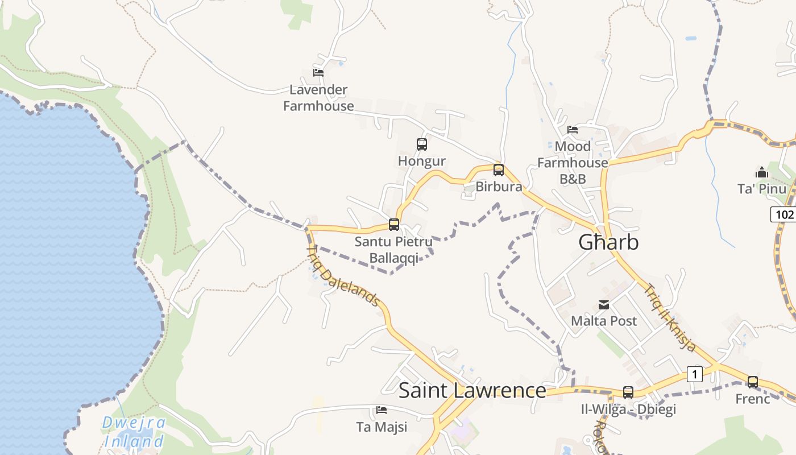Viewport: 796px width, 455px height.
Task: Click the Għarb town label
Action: [x=608, y=242]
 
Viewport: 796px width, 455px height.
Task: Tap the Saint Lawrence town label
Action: [x=472, y=391]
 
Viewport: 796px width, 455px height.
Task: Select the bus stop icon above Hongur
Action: [x=421, y=144]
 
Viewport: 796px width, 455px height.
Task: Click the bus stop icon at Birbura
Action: [x=499, y=169]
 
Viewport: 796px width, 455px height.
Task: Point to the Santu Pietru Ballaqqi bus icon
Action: [x=394, y=224]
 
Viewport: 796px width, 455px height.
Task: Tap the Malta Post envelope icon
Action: [x=603, y=305]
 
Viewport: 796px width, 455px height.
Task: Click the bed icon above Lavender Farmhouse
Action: [x=318, y=72]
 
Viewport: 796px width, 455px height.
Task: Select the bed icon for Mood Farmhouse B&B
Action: [x=573, y=130]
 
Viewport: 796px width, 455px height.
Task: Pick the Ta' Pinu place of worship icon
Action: [x=761, y=172]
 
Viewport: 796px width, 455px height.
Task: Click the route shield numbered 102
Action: [x=783, y=214]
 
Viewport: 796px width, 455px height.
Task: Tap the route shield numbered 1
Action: [x=694, y=374]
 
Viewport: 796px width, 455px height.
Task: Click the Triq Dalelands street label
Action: [x=343, y=276]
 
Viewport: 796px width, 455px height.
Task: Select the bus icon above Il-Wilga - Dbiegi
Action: [x=628, y=392]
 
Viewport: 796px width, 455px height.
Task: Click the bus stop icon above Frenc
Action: [x=752, y=382]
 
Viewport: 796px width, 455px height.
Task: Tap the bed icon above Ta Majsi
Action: [x=382, y=409]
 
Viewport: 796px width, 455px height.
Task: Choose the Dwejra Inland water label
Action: [x=134, y=432]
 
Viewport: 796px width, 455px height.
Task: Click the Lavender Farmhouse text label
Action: [x=318, y=98]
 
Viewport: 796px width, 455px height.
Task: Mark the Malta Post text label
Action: [x=604, y=321]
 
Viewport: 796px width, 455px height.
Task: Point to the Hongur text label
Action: [x=421, y=161]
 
